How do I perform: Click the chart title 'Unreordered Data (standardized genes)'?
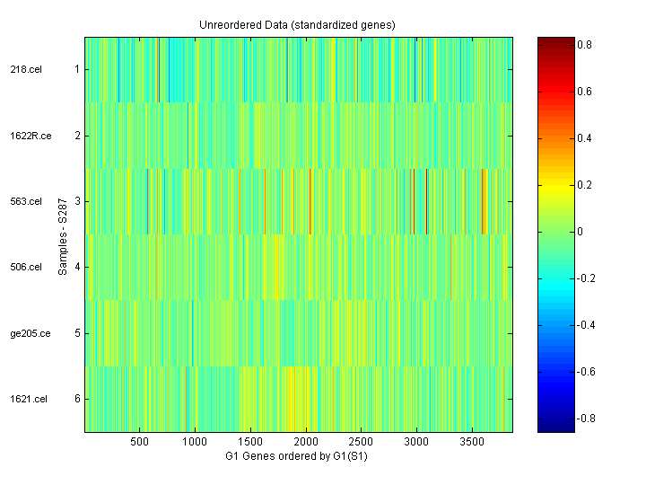(x=297, y=24)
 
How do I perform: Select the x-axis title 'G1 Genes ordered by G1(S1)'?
(x=297, y=456)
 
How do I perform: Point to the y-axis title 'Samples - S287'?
(x=63, y=234)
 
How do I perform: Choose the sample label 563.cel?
(x=26, y=201)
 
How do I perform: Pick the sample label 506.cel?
(x=26, y=267)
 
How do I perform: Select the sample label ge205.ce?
(x=29, y=333)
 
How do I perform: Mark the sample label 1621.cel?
(x=28, y=399)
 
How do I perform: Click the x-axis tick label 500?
(x=139, y=443)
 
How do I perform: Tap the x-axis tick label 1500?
(x=250, y=443)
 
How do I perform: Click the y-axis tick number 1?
(x=77, y=69)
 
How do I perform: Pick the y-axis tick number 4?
(x=77, y=267)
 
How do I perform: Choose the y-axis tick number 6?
(x=77, y=399)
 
